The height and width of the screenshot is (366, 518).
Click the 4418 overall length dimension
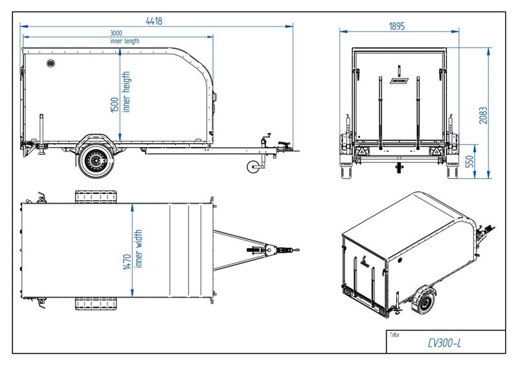coord(153,21)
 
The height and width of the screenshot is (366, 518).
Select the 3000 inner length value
coord(117,33)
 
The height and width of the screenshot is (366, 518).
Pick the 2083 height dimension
coord(483,114)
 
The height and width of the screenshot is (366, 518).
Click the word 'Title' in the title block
coord(394,334)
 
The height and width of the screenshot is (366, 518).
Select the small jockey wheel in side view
coord(253,167)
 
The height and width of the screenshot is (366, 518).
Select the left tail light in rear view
coord(357,152)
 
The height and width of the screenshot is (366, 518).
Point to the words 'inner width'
coord(138,249)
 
